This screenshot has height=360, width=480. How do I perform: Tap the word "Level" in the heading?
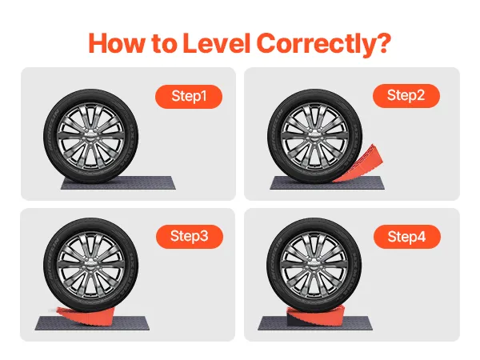pos(217,43)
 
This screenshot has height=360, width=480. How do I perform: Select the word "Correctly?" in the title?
pos(324,45)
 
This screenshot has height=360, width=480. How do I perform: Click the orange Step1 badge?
pos(189,97)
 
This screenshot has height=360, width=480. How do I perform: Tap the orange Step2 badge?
pos(406,95)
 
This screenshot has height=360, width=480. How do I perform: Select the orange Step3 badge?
pos(190,236)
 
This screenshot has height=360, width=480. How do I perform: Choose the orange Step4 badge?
pos(407,237)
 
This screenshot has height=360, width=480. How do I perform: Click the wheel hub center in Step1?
pos(91,136)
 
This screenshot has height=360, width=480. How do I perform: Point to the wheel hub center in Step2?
pos(315,136)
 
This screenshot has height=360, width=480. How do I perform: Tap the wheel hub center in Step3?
pos(91,265)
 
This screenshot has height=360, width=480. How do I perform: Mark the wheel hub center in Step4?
pos(314,265)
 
